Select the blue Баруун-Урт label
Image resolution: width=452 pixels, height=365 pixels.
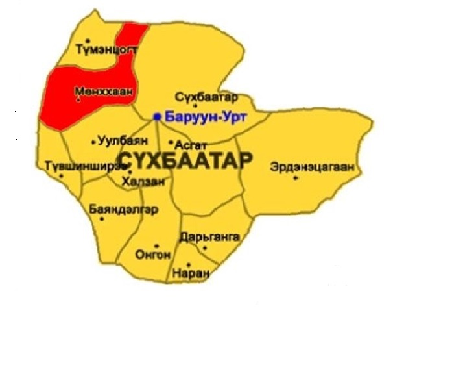pos(195,117)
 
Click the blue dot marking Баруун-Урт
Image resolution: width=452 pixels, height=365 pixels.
pos(157,117)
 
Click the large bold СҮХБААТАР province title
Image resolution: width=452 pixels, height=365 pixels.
pos(182,160)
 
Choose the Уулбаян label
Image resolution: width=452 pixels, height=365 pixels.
pos(122,139)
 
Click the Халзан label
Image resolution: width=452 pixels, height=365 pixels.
pos(143,181)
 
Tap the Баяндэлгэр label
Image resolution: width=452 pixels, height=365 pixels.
pos(123,208)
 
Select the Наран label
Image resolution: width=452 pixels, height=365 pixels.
pos(191,273)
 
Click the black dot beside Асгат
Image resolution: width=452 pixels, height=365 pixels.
pos(171,142)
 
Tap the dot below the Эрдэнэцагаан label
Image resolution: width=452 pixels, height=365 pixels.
pos(296,177)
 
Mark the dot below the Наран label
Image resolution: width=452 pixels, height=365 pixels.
pos(188,264)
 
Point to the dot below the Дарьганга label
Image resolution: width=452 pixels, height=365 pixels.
pos(205,247)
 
